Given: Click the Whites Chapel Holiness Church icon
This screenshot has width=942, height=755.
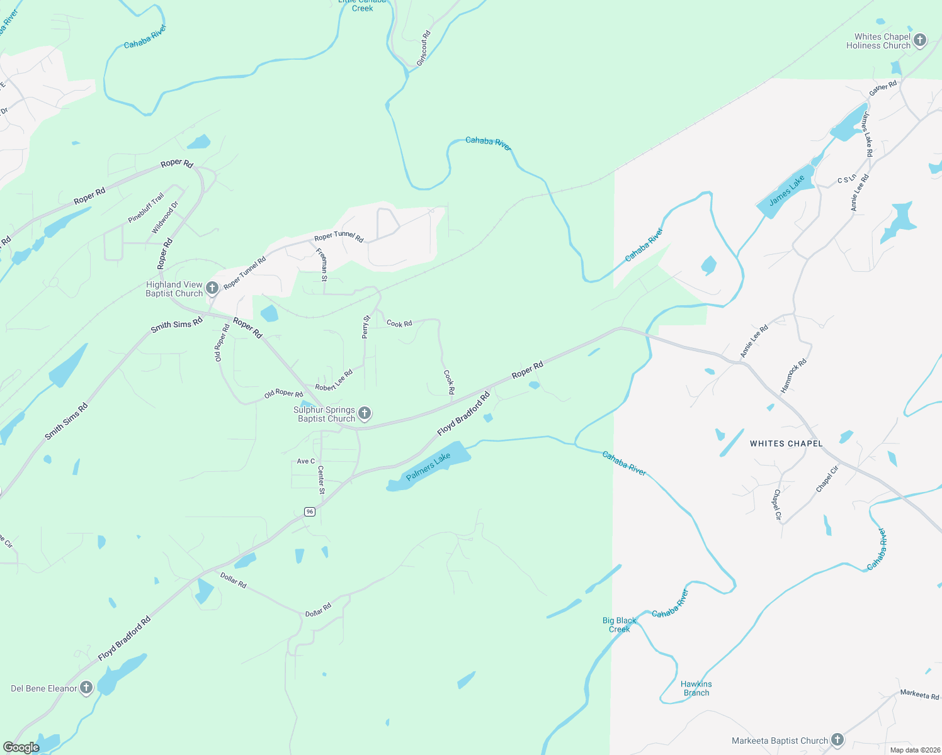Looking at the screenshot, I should pyautogui.click(x=920, y=41).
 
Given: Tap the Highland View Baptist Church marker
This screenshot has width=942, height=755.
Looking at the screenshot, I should pyautogui.click(x=212, y=288).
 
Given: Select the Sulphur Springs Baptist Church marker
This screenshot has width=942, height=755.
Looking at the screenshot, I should pyautogui.click(x=364, y=413).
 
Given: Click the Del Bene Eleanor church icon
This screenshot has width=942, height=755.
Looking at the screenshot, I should pyautogui.click(x=86, y=688).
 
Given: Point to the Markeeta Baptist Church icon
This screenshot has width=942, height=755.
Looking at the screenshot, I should pyautogui.click(x=837, y=740).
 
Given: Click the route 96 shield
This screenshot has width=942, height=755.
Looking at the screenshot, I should pyautogui.click(x=309, y=512).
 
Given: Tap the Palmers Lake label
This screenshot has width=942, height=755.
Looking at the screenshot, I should pyautogui.click(x=428, y=466).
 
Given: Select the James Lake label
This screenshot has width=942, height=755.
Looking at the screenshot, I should pyautogui.click(x=787, y=191).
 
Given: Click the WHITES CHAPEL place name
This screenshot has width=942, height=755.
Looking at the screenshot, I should pyautogui.click(x=786, y=444).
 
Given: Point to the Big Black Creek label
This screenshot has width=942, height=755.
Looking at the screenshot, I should pyautogui.click(x=619, y=625).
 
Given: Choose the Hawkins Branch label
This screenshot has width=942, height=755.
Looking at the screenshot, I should pyautogui.click(x=696, y=688).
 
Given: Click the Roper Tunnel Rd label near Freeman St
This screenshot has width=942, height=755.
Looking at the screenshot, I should pyautogui.click(x=339, y=237).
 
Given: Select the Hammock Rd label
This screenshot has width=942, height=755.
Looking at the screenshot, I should pyautogui.click(x=793, y=376).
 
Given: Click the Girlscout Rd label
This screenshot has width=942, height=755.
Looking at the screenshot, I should pyautogui.click(x=424, y=48).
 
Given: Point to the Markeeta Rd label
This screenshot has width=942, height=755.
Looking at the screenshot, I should pyautogui.click(x=919, y=695).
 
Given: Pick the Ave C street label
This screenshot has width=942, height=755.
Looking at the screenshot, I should pyautogui.click(x=306, y=461).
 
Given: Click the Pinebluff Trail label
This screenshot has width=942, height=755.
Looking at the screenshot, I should pyautogui.click(x=146, y=208).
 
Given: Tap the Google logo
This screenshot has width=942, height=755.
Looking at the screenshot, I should pyautogui.click(x=21, y=747).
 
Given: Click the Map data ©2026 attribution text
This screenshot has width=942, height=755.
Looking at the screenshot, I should pyautogui.click(x=912, y=750).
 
